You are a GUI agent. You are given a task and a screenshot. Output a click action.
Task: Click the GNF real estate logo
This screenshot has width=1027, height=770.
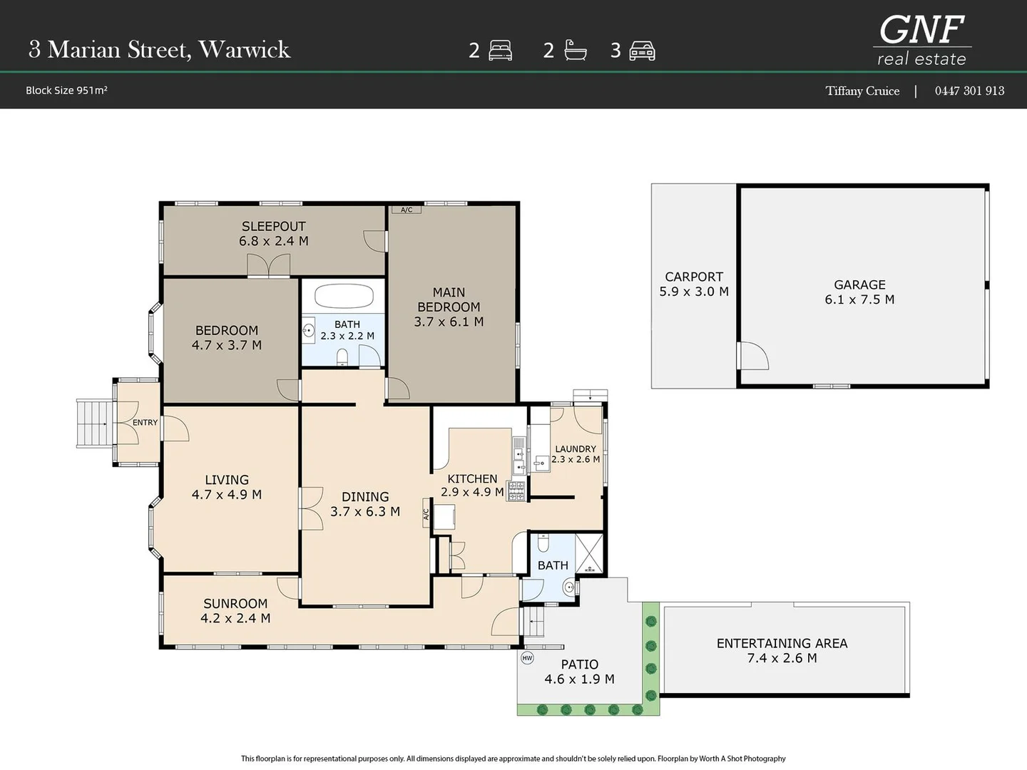(921, 40)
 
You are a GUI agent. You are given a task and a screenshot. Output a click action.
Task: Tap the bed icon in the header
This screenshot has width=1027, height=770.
(500, 51)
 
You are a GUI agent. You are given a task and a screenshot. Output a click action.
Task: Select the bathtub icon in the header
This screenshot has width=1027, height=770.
(575, 50)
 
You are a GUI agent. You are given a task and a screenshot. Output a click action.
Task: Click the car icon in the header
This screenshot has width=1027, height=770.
(642, 51)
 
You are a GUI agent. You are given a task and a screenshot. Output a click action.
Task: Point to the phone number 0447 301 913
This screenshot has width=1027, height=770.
(969, 91)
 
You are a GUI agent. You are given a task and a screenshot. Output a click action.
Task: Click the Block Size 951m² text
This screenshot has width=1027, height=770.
(66, 91)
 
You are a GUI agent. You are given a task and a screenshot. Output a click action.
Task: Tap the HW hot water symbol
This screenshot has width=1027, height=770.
(527, 658)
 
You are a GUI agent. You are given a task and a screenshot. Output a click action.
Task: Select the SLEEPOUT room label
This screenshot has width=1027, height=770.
(274, 226)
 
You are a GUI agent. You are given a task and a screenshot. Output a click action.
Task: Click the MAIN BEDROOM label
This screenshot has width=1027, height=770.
(449, 299)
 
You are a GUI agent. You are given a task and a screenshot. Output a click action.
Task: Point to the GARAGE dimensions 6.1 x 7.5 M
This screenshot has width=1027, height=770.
(859, 299)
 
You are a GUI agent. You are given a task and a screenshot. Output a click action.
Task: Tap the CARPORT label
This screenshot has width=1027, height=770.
(694, 277)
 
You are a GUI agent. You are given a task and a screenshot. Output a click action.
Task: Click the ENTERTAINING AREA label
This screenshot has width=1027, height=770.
(782, 643)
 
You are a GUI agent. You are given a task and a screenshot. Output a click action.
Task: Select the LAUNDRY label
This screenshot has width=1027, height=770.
(576, 449)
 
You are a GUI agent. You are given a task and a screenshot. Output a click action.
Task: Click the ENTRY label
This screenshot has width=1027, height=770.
(145, 423)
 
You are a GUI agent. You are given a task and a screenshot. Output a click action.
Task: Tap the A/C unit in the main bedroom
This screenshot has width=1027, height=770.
(407, 210)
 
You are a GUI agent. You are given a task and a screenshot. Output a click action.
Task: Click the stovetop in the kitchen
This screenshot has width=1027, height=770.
(516, 491)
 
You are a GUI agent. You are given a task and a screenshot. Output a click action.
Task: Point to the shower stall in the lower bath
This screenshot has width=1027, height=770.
(589, 553)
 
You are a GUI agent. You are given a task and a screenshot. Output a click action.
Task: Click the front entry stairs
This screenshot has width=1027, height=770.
(95, 424)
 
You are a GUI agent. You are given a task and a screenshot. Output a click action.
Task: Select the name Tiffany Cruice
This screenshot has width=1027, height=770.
(862, 91)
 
